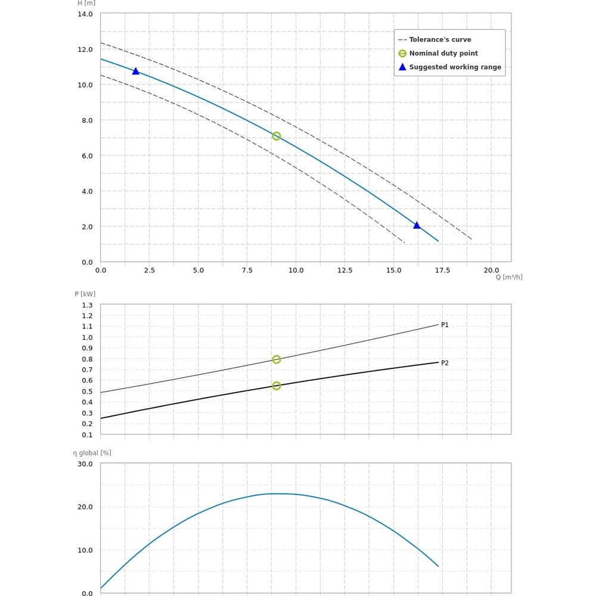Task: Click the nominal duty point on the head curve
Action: (277, 136)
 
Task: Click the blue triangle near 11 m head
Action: (135, 71)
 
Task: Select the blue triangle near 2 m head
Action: (417, 225)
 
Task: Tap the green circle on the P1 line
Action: (277, 359)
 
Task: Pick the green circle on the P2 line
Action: (277, 386)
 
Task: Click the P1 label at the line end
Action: (445, 325)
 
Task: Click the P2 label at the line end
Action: (445, 363)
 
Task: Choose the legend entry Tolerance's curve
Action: (440, 39)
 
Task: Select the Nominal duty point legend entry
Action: (443, 53)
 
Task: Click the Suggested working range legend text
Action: (455, 67)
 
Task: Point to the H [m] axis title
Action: (86, 3)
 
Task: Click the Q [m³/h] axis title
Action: (509, 277)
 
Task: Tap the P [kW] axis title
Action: (85, 294)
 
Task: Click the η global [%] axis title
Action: (92, 453)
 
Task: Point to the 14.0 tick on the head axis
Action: (85, 14)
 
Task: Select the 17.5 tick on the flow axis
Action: (442, 270)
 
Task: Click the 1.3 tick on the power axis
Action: (87, 305)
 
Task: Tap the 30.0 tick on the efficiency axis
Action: (85, 464)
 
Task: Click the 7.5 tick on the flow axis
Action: (247, 270)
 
